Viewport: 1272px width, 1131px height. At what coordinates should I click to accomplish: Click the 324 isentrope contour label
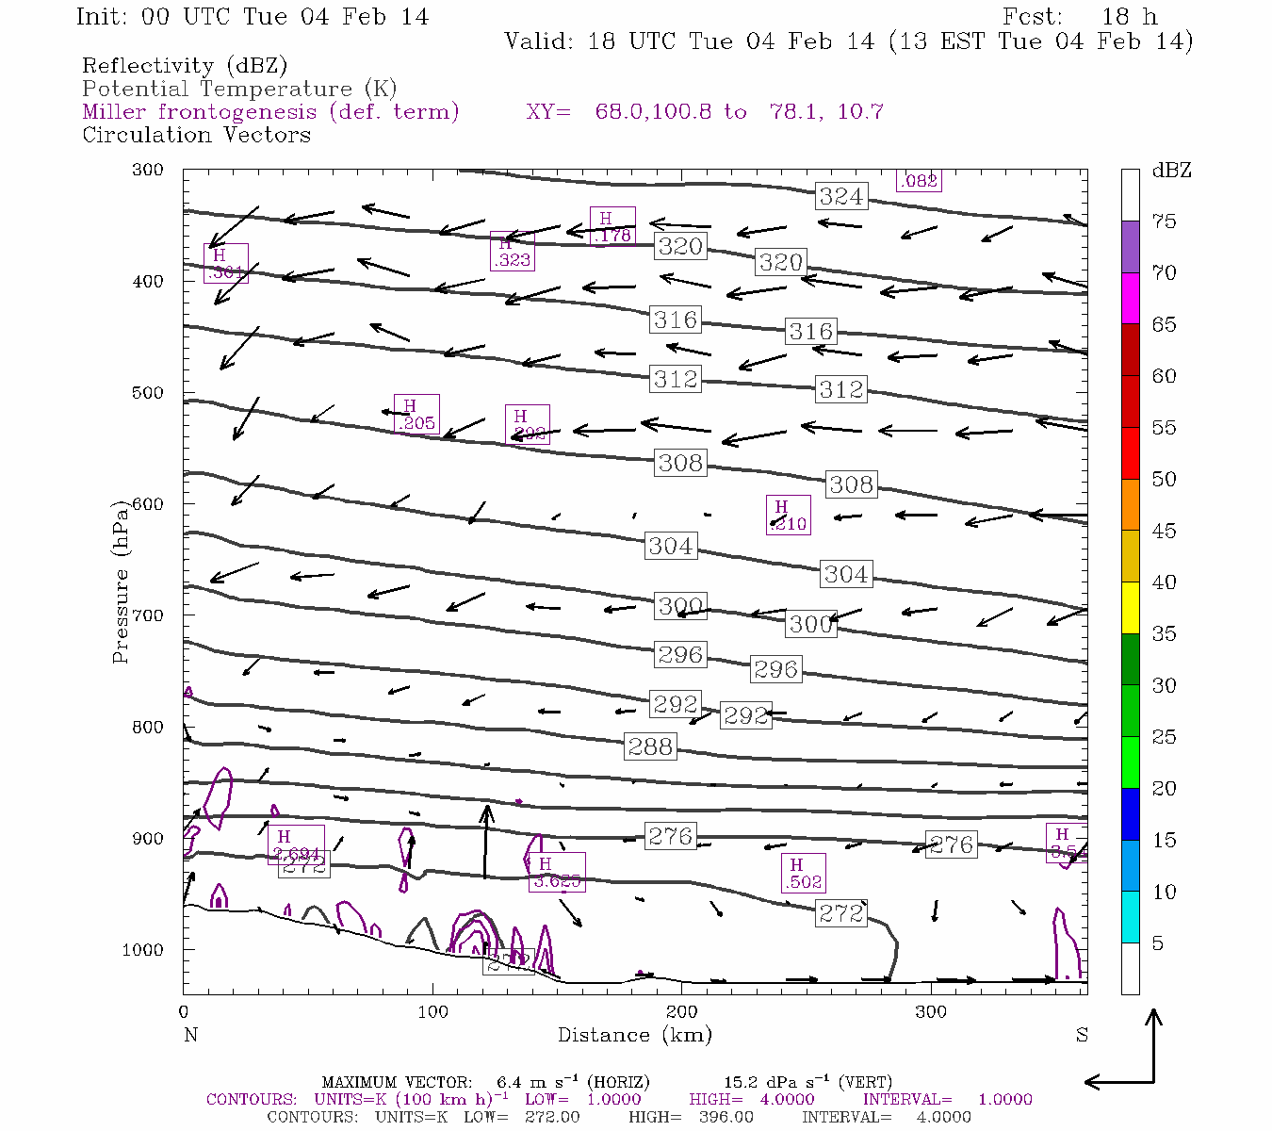840,197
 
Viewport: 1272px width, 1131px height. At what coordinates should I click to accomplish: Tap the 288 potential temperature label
650,746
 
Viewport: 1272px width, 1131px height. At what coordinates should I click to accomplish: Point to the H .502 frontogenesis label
803,874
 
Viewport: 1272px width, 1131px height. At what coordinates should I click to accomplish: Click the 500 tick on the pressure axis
147,393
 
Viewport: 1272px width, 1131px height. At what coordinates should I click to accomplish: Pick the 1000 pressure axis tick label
143,950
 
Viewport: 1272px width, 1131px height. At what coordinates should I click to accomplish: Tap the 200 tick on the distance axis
682,1012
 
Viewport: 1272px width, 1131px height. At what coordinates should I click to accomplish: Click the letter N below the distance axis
190,1035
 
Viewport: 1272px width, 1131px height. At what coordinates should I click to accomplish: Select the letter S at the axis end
1082,1035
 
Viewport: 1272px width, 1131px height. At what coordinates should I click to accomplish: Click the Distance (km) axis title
634,1035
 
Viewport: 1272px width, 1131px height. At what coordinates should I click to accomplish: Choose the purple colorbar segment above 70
1130,246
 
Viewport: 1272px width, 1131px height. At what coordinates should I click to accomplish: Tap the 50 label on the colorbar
1165,479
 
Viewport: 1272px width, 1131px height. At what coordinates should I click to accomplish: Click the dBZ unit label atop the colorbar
1171,171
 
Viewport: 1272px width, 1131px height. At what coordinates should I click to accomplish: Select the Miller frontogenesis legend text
270,112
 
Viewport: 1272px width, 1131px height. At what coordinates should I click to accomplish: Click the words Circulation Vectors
196,135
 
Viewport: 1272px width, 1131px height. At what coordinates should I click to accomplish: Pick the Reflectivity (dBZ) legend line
185,66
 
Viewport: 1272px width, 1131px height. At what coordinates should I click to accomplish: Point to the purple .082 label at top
919,181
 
